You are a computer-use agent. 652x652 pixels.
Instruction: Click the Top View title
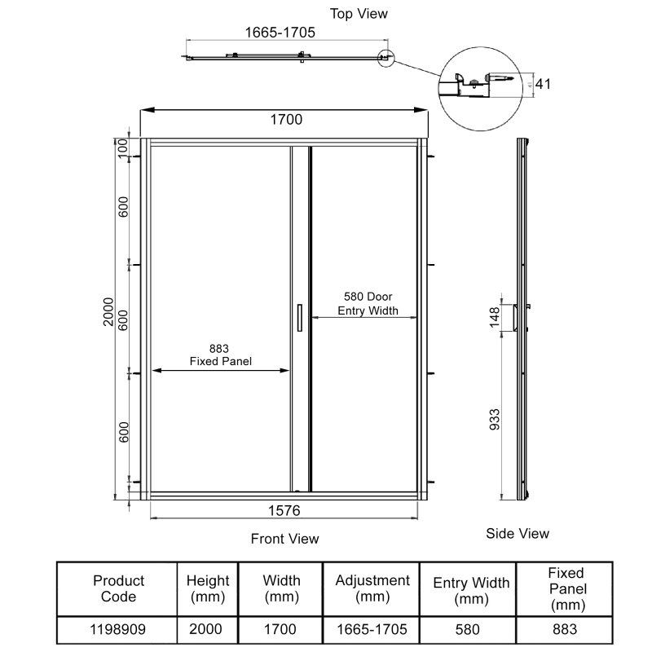coord(359,14)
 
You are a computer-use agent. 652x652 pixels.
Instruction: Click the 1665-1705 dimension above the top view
coord(280,33)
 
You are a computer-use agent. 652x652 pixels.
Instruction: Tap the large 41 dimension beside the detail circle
coord(543,84)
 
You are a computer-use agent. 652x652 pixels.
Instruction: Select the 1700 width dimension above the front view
coord(286,120)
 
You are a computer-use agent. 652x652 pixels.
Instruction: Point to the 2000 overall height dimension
coord(108,312)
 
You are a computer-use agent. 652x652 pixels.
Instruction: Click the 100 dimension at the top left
coord(123,148)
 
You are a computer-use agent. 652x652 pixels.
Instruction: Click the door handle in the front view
coord(300,318)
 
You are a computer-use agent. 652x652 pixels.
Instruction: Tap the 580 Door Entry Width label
coord(368,303)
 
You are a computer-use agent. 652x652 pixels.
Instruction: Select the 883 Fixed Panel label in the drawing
coord(220,355)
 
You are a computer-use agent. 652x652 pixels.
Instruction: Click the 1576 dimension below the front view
coord(284,511)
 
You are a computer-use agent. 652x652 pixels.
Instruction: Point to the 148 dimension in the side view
coord(495,317)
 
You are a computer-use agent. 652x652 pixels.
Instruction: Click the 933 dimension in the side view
coord(495,420)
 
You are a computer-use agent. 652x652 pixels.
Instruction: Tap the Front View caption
coord(284,539)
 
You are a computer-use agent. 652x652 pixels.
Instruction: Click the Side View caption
coord(518,534)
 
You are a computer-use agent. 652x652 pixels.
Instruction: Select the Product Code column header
coord(118,588)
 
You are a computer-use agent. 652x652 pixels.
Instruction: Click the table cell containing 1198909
coord(117,629)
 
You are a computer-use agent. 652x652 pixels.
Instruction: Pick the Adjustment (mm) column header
coord(372,588)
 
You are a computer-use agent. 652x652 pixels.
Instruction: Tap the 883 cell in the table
coord(565,629)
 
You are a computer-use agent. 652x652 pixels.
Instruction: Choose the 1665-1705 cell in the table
coord(372,629)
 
